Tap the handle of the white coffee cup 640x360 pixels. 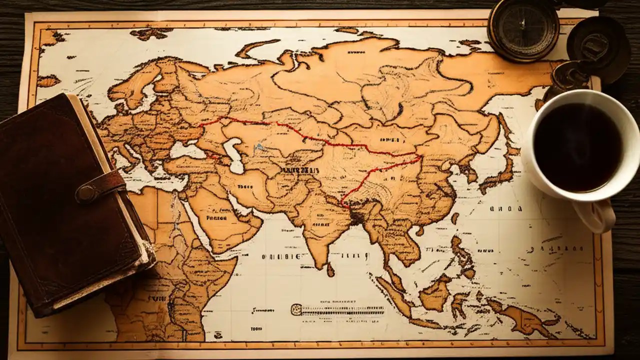point(597,216)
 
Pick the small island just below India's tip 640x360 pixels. point(330,270)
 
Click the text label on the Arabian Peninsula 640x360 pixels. point(216,218)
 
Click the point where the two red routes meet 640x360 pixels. point(419,156)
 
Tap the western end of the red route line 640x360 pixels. point(199,125)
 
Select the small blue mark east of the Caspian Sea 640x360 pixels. point(258,147)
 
